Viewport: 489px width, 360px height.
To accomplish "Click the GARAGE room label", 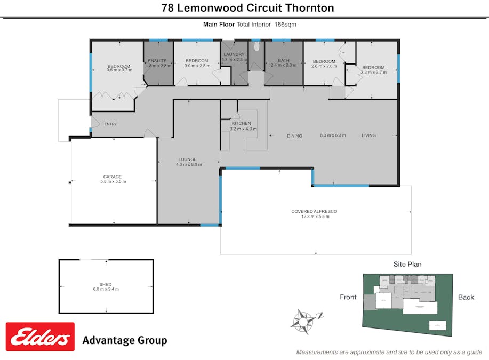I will click(x=113, y=177).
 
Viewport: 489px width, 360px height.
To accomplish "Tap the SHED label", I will click(x=106, y=284).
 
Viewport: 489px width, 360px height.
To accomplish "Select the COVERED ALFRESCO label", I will click(x=314, y=211).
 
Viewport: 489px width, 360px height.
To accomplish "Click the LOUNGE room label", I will click(x=187, y=159).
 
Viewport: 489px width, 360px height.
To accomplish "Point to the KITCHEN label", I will click(x=241, y=123).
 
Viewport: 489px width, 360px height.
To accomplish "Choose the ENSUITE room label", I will click(x=157, y=61).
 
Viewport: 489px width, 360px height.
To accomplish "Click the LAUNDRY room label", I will click(x=234, y=54).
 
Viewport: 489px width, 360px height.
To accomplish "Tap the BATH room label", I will click(x=283, y=61).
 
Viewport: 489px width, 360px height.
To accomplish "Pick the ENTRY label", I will click(x=110, y=124).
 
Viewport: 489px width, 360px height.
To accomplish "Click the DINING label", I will click(x=294, y=136).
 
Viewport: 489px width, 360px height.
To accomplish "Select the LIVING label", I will click(x=368, y=135).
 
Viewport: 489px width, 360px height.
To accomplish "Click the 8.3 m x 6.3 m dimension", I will click(x=333, y=135).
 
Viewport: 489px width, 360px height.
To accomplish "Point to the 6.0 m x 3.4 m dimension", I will click(x=106, y=289).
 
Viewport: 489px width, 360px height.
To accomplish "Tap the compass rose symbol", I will click(x=303, y=320).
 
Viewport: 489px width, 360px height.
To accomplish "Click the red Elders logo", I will click(x=40, y=337).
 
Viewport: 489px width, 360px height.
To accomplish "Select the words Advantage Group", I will click(x=124, y=340).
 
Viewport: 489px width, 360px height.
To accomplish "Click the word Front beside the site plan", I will click(x=348, y=297).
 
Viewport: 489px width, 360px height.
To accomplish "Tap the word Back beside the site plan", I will click(x=466, y=297).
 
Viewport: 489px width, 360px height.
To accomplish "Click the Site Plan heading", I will click(x=407, y=264).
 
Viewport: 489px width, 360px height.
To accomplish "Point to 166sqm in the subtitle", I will click(x=285, y=24).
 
